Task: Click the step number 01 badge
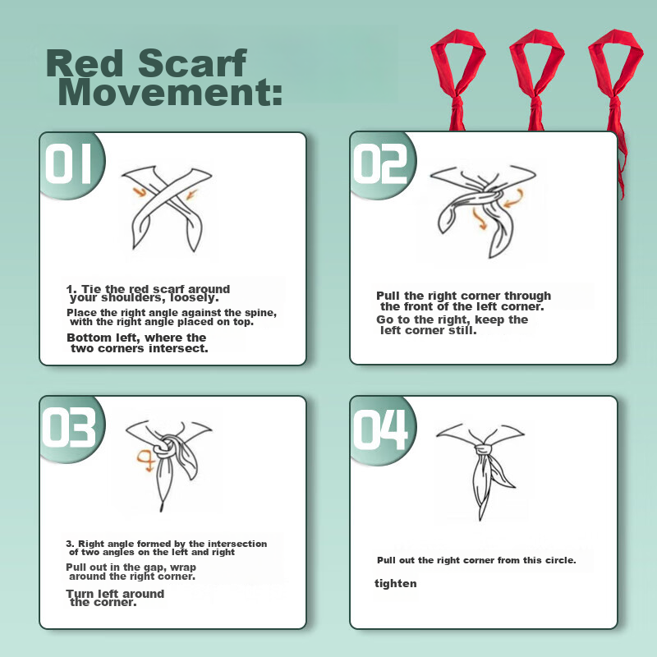click(x=69, y=163)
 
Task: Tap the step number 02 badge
click(x=380, y=163)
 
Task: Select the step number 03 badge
click(x=70, y=428)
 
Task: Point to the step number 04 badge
click(x=380, y=429)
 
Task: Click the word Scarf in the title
click(x=192, y=63)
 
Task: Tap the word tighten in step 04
click(x=396, y=583)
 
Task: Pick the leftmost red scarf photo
click(x=457, y=80)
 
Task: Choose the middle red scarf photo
click(x=536, y=80)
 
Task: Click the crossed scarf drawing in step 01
click(x=168, y=208)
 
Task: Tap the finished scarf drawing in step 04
click(x=480, y=470)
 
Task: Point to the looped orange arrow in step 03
click(x=145, y=460)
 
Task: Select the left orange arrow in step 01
click(x=140, y=192)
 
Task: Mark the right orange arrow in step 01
click(x=191, y=195)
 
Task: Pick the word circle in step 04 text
click(x=561, y=560)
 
